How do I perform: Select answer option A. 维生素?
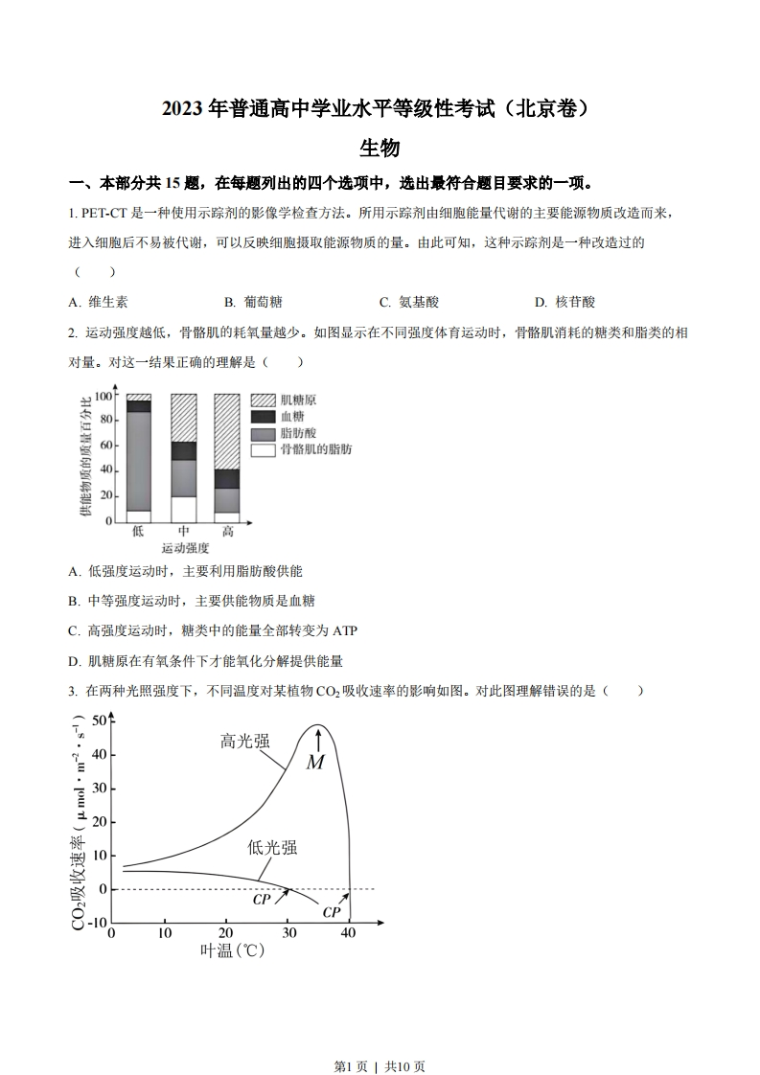99,302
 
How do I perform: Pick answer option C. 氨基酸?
408,302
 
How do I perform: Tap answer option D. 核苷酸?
564,302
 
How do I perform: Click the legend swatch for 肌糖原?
263,400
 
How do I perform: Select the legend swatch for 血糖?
263,417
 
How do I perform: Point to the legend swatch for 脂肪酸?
263,433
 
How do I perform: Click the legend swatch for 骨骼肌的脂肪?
263,449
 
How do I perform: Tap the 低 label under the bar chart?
138,531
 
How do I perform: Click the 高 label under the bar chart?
227,531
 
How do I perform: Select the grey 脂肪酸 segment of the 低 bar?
139,460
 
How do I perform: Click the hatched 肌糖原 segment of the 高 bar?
227,431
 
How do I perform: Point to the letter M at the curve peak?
315,763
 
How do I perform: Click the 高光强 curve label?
244,741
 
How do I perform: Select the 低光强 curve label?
272,847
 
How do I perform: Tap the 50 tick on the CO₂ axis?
100,721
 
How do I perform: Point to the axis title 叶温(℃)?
232,951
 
